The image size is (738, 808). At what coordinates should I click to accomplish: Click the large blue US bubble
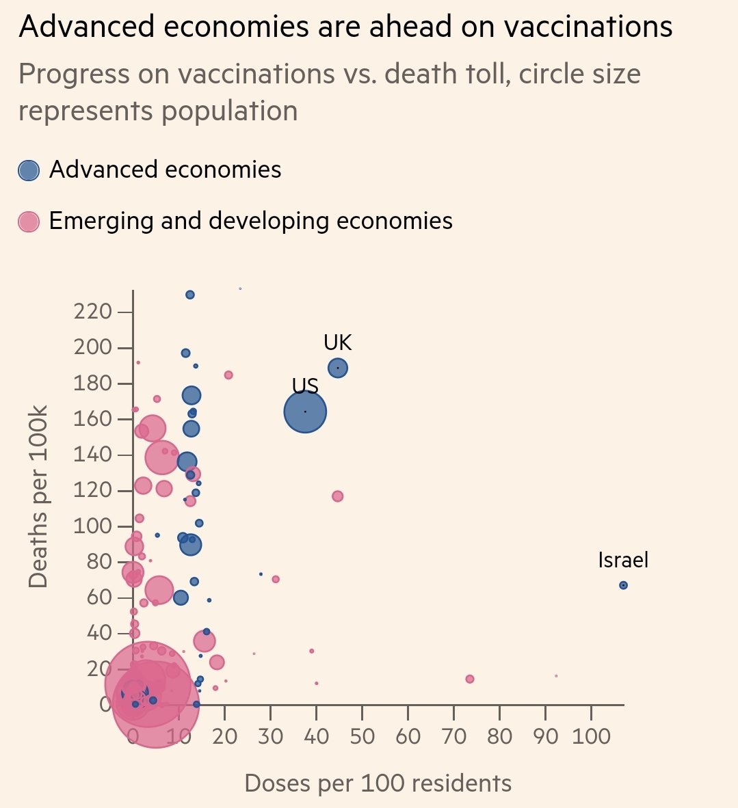(x=305, y=412)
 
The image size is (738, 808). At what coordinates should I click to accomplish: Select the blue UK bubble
(x=338, y=368)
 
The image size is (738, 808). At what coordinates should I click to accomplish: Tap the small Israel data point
(x=623, y=585)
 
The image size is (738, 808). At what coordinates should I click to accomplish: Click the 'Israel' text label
(x=623, y=561)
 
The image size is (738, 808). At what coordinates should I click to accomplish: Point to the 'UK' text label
(x=338, y=342)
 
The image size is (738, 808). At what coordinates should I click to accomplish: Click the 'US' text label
(x=305, y=386)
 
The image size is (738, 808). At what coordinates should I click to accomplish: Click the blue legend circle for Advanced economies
(x=29, y=170)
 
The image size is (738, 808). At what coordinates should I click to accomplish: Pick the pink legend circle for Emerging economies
(x=29, y=221)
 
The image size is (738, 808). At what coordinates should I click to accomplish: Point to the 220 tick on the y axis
(x=92, y=312)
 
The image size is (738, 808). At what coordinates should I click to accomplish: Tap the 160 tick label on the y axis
(x=92, y=419)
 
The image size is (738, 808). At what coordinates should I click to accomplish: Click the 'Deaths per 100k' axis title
(x=39, y=496)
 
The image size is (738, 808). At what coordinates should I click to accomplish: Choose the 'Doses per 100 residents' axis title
(x=378, y=783)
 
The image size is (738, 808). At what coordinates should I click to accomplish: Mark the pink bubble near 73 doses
(x=470, y=679)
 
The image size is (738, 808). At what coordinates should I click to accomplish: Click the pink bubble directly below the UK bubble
(x=337, y=496)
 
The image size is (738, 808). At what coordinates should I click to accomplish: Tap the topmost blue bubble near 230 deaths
(x=190, y=295)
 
